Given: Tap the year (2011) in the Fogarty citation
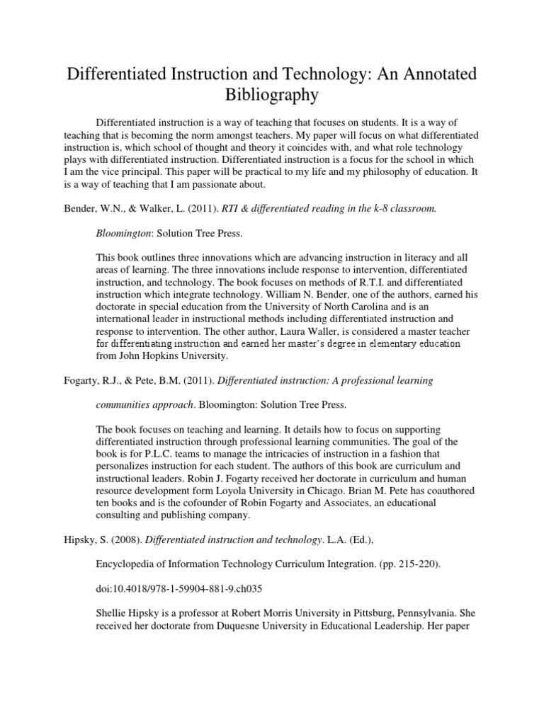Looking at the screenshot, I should [x=195, y=381].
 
